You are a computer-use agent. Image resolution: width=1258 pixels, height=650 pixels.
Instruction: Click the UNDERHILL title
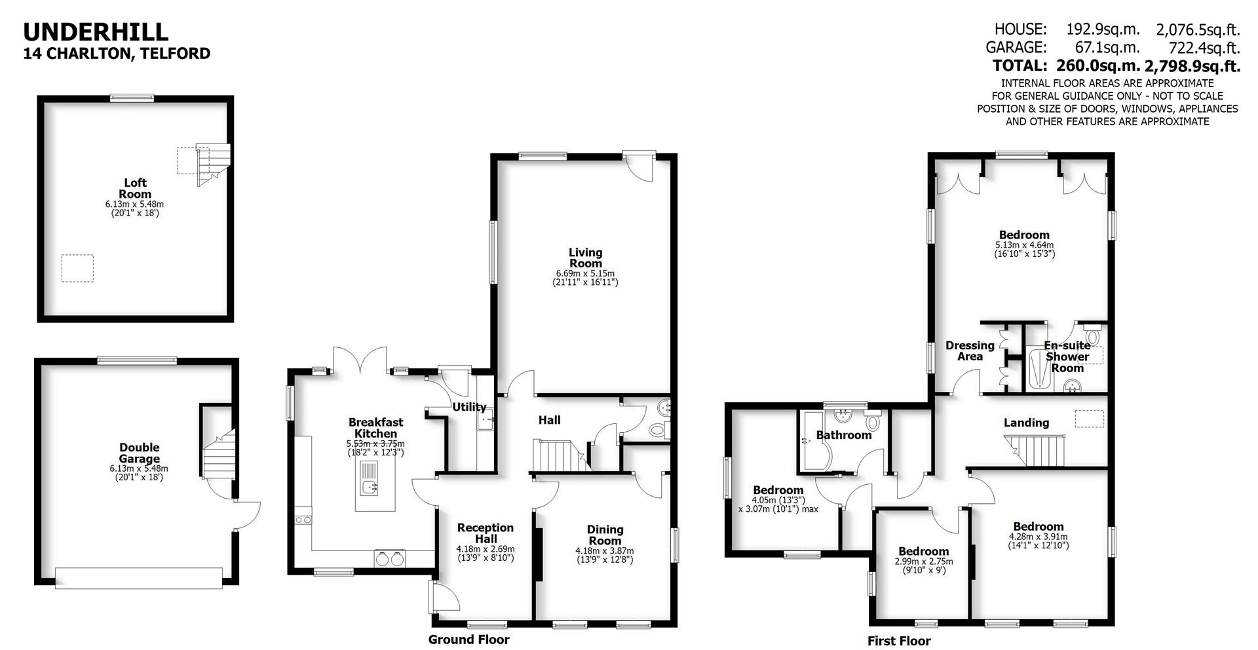click(96, 31)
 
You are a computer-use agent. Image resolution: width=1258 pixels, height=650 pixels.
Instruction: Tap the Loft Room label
click(136, 188)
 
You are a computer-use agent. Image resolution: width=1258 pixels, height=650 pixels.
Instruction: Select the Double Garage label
click(139, 453)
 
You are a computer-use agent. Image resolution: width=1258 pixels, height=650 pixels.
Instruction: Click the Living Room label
click(585, 258)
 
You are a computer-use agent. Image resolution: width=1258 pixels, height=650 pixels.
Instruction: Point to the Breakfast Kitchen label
click(375, 428)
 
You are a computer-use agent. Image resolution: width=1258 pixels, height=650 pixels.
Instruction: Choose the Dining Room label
click(605, 535)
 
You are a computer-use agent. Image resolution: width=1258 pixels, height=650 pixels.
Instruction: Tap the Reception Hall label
click(486, 533)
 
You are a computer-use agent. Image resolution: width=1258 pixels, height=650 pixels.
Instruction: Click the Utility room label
click(469, 407)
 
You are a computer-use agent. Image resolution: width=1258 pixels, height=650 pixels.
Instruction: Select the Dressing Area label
click(970, 351)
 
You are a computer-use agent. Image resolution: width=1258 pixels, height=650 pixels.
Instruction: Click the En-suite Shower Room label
click(1067, 356)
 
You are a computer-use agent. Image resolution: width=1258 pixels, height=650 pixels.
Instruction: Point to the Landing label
click(1026, 423)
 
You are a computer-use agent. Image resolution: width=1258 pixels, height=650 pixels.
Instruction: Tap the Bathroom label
click(844, 434)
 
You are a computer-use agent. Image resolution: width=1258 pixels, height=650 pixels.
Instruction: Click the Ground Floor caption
click(468, 640)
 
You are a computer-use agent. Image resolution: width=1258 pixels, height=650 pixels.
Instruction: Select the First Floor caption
click(899, 641)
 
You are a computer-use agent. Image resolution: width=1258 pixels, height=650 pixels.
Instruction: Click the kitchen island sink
click(371, 486)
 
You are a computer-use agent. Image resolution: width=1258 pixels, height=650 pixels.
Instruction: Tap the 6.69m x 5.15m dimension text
click(585, 273)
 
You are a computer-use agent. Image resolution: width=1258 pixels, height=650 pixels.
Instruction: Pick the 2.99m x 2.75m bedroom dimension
click(924, 562)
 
